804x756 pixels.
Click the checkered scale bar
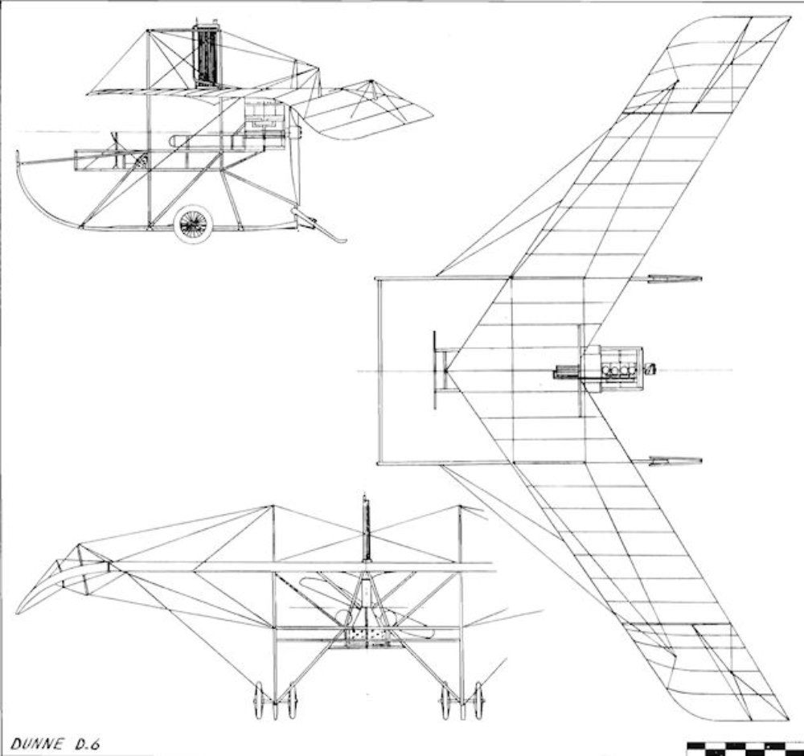745,747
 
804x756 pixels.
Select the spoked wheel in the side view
193,224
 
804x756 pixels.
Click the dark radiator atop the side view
207,56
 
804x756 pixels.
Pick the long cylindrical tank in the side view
217,142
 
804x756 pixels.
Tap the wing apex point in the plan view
447,370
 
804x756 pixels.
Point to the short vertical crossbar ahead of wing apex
434,370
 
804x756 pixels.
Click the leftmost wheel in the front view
259,700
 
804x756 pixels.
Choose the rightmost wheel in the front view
480,700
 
